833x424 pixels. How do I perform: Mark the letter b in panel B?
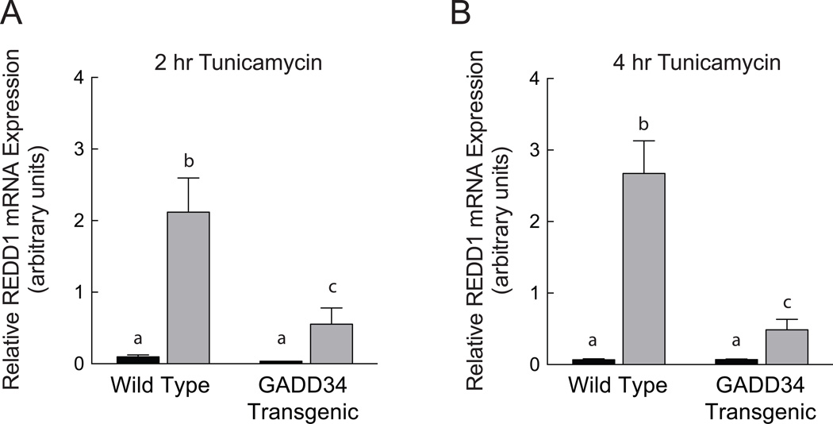click(643, 124)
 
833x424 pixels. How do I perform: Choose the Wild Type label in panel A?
click(159, 387)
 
